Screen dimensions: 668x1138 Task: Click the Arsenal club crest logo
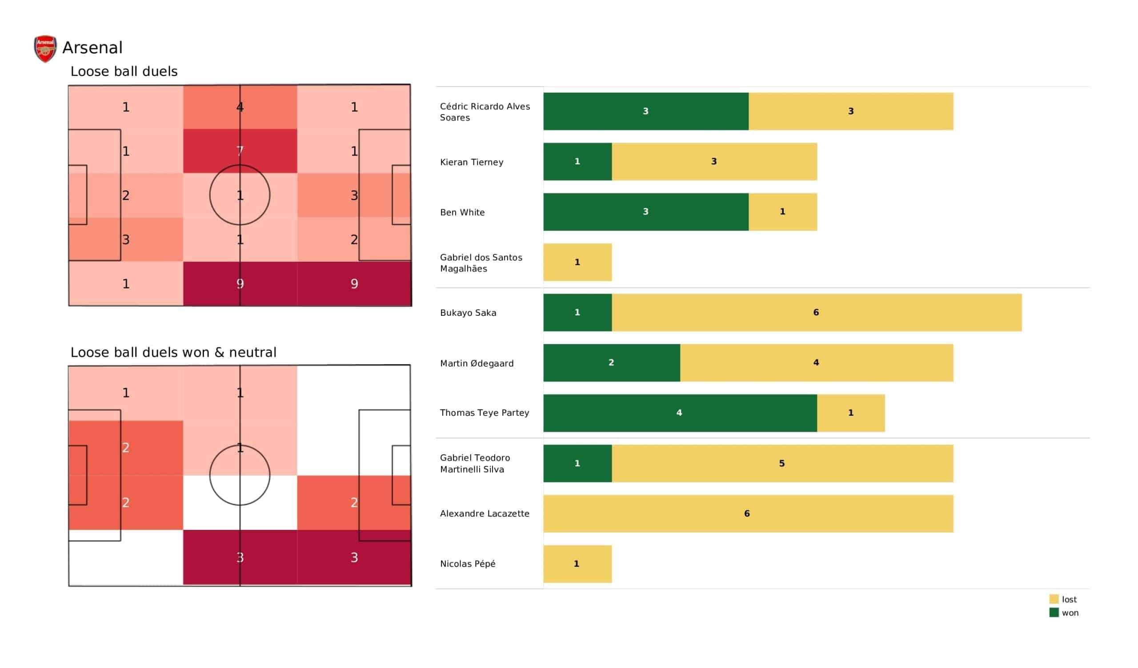pos(45,48)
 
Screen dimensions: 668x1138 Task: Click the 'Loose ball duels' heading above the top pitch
pos(124,72)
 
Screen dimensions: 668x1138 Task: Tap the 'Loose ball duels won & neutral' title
pos(173,352)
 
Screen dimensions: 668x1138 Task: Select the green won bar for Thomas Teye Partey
pos(680,413)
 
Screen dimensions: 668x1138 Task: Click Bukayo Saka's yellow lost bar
pos(817,312)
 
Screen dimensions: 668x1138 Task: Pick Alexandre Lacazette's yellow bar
pos(748,513)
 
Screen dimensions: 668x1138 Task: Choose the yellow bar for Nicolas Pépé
pos(577,564)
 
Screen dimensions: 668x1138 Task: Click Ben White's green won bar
pos(646,212)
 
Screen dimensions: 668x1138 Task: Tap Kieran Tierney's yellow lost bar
pos(714,162)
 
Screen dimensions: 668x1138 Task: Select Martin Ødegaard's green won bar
pos(611,362)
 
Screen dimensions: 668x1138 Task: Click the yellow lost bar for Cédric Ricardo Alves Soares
pos(851,111)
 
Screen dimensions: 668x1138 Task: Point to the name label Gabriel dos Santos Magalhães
pos(481,262)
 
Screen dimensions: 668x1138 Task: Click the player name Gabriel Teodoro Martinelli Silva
pos(475,463)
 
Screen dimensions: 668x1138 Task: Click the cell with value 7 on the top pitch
pos(240,151)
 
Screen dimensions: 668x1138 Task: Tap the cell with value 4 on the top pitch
pos(240,107)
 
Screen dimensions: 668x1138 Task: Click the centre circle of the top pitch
pos(240,195)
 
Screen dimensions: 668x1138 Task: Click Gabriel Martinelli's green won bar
pos(577,463)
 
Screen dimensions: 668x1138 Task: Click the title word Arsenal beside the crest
pos(92,48)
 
